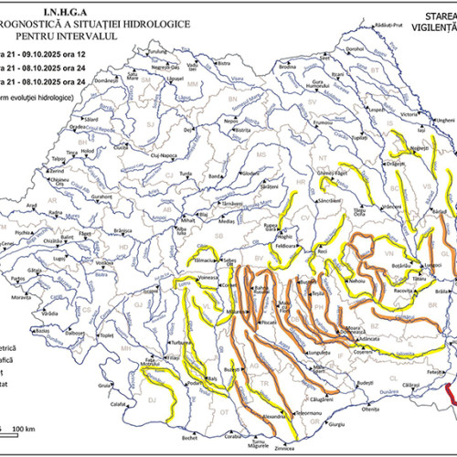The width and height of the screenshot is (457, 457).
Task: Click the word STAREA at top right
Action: tap(442, 16)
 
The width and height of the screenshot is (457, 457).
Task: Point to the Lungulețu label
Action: tap(317, 349)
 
